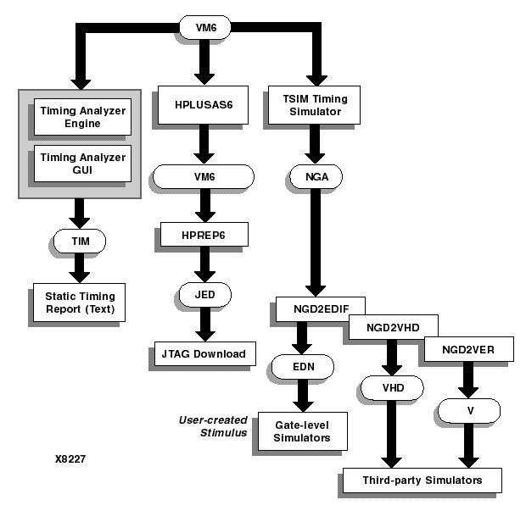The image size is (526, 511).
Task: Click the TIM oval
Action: [x=78, y=240]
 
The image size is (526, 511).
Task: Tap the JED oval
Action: [x=203, y=296]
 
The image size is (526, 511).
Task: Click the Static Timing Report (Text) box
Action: [x=79, y=302]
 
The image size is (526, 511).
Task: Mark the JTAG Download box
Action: [x=204, y=353]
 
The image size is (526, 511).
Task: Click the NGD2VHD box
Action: [x=390, y=326]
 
